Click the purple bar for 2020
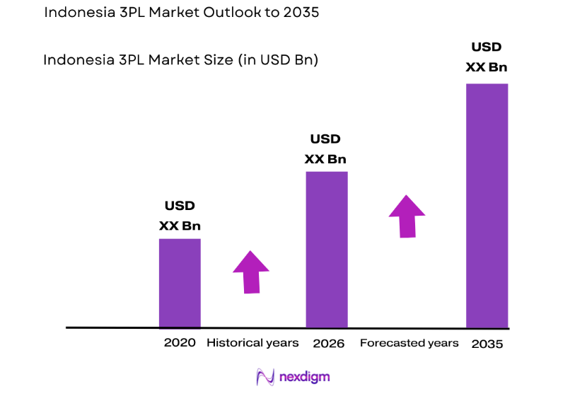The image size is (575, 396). pos(180,283)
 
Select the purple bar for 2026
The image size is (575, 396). pos(326,250)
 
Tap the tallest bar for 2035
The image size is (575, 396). pos(487,206)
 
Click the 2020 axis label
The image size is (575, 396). pos(180,343)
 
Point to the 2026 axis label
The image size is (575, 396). pos(328,344)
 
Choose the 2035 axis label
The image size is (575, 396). pos(487,344)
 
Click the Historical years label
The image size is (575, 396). pos(252,343)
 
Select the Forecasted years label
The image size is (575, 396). pos(409,343)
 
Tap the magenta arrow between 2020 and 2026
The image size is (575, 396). pos(251,272)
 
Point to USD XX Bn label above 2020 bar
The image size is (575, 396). pos(180,216)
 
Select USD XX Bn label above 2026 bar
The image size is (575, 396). pos(325,148)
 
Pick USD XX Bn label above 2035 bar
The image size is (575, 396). pos(486,57)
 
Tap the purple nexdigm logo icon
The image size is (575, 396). pos(265,377)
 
